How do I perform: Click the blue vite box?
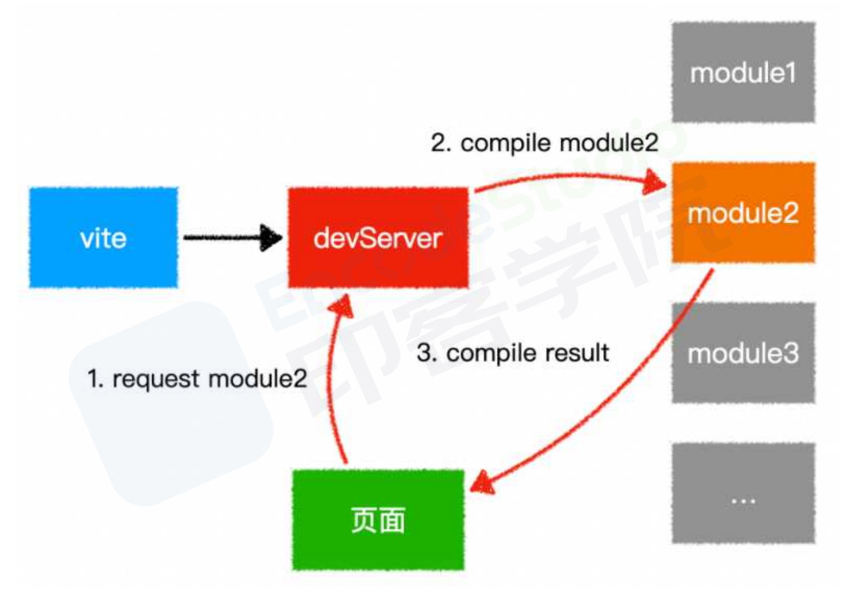tap(104, 238)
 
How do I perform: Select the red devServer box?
tap(378, 238)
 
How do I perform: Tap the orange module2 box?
tap(744, 213)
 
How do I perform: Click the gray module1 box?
tap(744, 72)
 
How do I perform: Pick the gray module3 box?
tap(744, 353)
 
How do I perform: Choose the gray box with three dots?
tap(744, 493)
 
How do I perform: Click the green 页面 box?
tap(378, 520)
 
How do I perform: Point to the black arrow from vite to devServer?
tap(233, 238)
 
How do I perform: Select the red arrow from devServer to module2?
tap(570, 176)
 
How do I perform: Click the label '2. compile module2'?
tap(544, 144)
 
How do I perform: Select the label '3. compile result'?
tap(513, 354)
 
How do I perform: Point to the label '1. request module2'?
tap(197, 379)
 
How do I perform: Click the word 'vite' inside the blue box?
tap(104, 238)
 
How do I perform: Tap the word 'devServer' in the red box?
tap(378, 238)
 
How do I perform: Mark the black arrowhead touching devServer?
tap(271, 238)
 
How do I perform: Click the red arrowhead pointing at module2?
tap(654, 182)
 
